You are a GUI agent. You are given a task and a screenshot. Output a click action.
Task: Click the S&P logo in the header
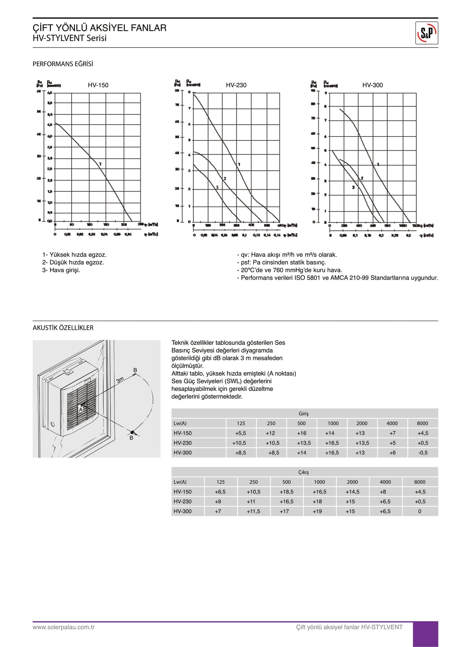426,33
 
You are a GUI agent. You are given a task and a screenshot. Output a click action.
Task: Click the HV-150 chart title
98,85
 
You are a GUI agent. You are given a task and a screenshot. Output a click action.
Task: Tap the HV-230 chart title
236,85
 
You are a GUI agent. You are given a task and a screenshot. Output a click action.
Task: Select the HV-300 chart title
372,85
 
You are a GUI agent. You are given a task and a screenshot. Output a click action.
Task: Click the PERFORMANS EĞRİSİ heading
63,64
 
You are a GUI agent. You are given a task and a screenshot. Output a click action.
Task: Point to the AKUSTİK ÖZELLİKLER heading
63,328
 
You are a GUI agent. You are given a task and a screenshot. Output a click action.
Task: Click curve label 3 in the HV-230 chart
217,187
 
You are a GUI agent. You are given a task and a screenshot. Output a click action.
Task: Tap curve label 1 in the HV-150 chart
100,164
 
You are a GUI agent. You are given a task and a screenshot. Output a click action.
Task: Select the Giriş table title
303,413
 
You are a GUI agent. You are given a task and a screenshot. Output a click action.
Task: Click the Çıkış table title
303,472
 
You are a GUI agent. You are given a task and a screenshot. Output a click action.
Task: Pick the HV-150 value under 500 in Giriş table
301,433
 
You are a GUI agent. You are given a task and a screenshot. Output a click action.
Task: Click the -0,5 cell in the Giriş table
423,453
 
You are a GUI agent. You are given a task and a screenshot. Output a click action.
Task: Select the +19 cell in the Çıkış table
317,511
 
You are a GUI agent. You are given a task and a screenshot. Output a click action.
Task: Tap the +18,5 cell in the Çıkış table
286,492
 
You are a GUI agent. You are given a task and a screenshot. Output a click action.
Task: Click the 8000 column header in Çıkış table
420,482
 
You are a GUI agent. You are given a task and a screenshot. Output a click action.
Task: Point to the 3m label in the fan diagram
120,380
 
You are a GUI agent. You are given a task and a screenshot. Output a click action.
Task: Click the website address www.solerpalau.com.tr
64,627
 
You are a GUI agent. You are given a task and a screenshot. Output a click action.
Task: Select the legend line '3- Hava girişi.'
61,270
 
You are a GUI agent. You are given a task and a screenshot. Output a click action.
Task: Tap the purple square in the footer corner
425,634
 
